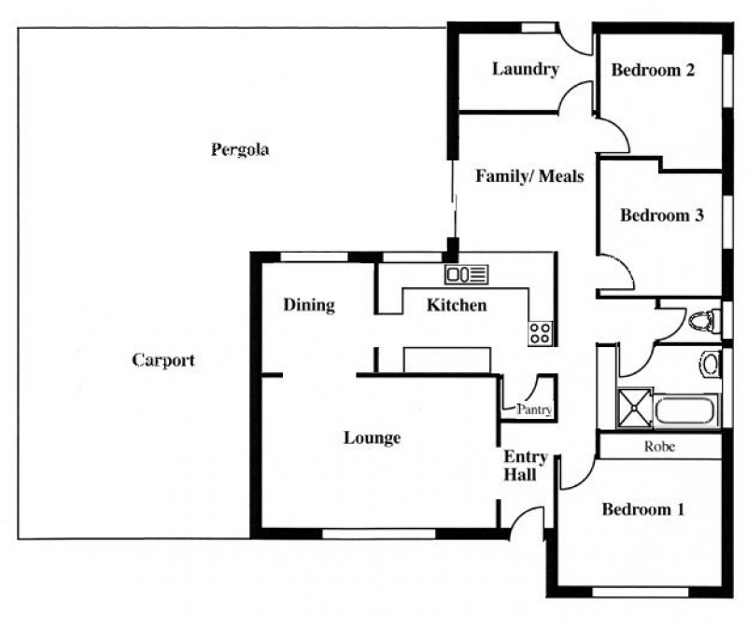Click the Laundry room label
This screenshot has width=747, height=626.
[x=525, y=69]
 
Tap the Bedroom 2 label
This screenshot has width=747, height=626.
[x=653, y=70]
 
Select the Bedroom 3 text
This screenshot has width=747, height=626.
[x=662, y=216]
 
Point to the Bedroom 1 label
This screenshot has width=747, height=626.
[x=643, y=509]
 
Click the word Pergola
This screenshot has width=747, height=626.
[x=240, y=150]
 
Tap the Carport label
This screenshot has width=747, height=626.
[x=163, y=360]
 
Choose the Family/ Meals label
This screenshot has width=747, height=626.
[x=529, y=176]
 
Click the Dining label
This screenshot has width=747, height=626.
[x=309, y=305]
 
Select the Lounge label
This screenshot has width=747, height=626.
[x=372, y=438]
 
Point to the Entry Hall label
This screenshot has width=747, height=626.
[x=524, y=466]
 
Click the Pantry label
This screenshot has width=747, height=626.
[x=534, y=410]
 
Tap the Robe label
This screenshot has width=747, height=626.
[x=659, y=447]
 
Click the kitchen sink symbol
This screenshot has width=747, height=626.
[x=466, y=274]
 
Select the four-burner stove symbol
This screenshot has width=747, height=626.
[x=541, y=333]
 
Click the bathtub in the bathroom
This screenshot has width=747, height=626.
[x=684, y=410]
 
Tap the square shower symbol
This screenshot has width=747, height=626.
[x=634, y=408]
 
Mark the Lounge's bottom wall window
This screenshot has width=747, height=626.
[x=379, y=534]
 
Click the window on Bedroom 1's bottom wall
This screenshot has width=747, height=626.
[x=640, y=592]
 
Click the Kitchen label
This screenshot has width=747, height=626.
[x=457, y=305]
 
